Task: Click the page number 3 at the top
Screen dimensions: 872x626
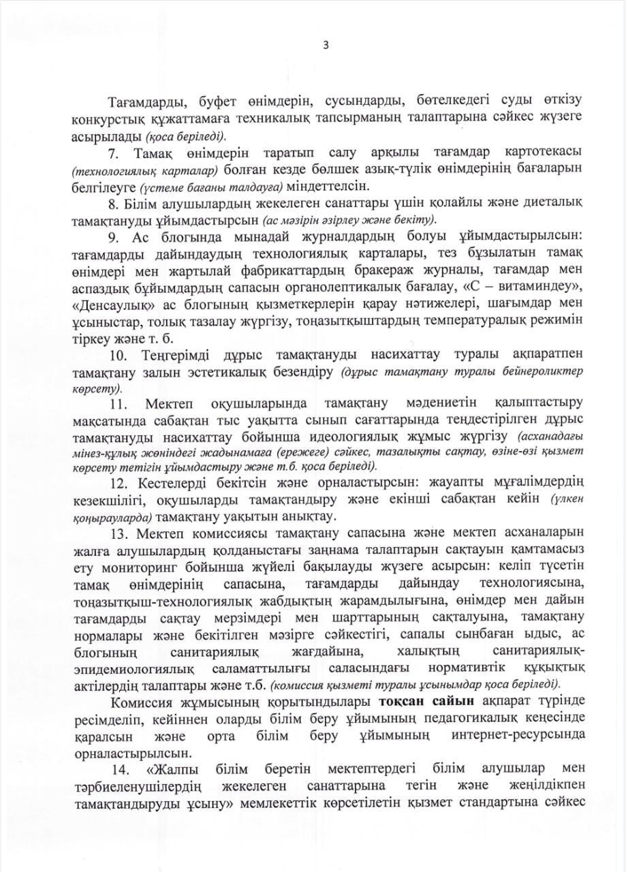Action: pos(326,46)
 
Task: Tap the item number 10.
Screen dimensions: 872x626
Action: pos(117,355)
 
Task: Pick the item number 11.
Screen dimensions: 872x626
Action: pos(117,405)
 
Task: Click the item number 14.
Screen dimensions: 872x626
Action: pos(119,769)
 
